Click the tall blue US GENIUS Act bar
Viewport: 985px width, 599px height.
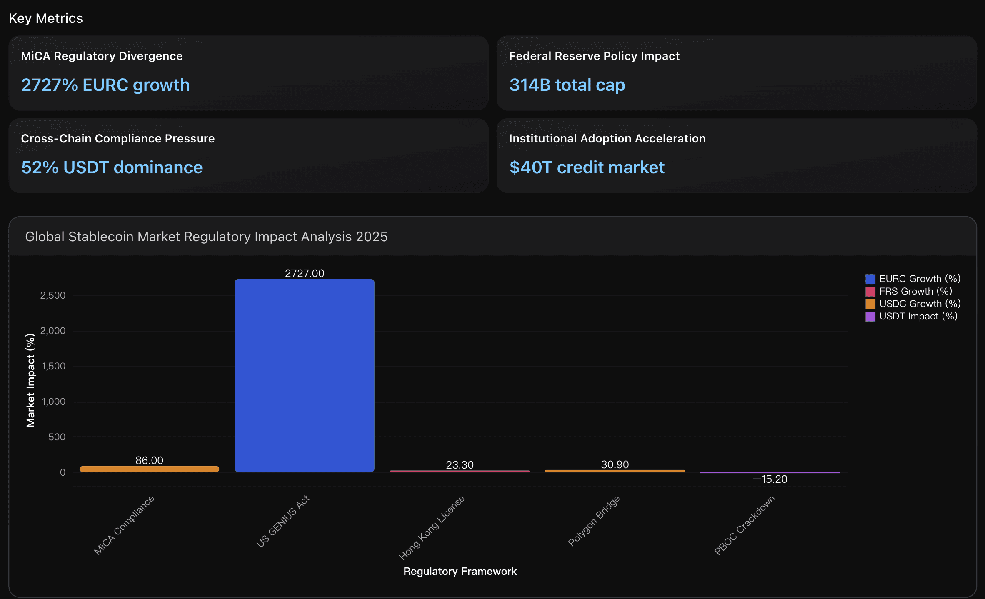[x=304, y=375]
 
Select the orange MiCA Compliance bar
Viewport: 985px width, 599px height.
[x=149, y=469]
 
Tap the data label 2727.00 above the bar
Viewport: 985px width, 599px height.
[x=304, y=273]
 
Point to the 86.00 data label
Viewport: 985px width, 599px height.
[x=149, y=460]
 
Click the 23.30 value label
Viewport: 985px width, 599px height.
[x=460, y=465]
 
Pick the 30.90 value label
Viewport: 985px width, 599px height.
[x=615, y=464]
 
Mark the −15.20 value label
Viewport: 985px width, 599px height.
[x=770, y=479]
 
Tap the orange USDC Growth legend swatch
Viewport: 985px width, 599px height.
[x=870, y=304]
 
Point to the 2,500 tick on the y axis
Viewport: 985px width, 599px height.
[x=53, y=296]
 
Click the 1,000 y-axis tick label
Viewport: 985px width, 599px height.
[x=53, y=402]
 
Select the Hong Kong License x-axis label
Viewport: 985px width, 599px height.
[x=432, y=527]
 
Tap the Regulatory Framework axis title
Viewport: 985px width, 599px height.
[x=460, y=571]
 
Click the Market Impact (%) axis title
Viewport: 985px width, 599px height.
[x=30, y=380]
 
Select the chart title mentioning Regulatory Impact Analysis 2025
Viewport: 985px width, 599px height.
[x=206, y=237]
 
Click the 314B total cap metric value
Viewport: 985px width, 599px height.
[x=567, y=85]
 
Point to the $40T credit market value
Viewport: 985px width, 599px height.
[x=587, y=167]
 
